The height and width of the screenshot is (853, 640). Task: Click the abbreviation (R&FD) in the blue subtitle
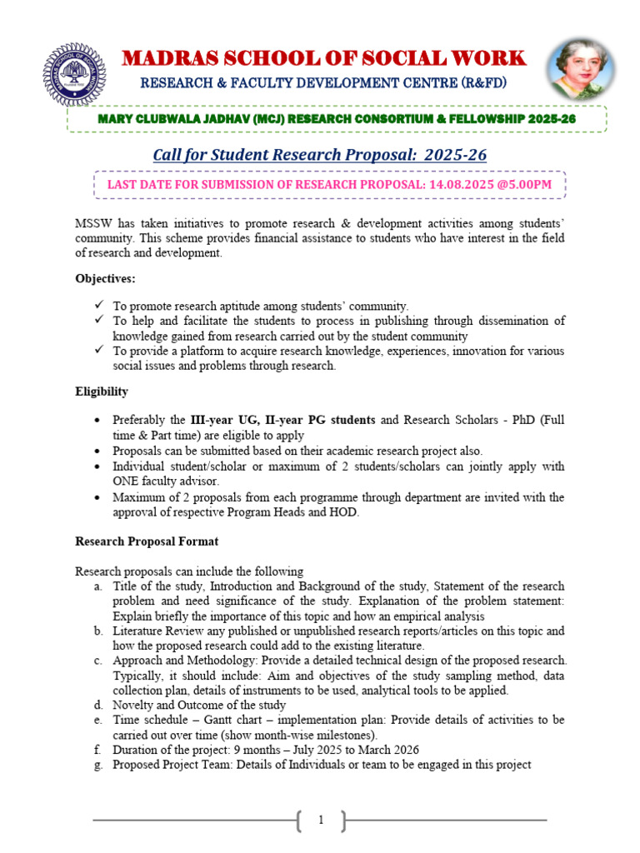point(476,83)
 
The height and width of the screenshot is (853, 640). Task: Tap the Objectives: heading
point(106,279)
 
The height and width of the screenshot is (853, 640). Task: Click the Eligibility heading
point(102,391)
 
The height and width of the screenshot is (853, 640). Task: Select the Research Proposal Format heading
point(147,541)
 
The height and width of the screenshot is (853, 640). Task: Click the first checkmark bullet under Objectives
point(99,306)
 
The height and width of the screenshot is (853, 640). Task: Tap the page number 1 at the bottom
point(320,821)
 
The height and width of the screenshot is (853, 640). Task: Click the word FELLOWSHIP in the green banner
point(481,119)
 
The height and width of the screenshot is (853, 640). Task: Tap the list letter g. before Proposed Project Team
point(99,765)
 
